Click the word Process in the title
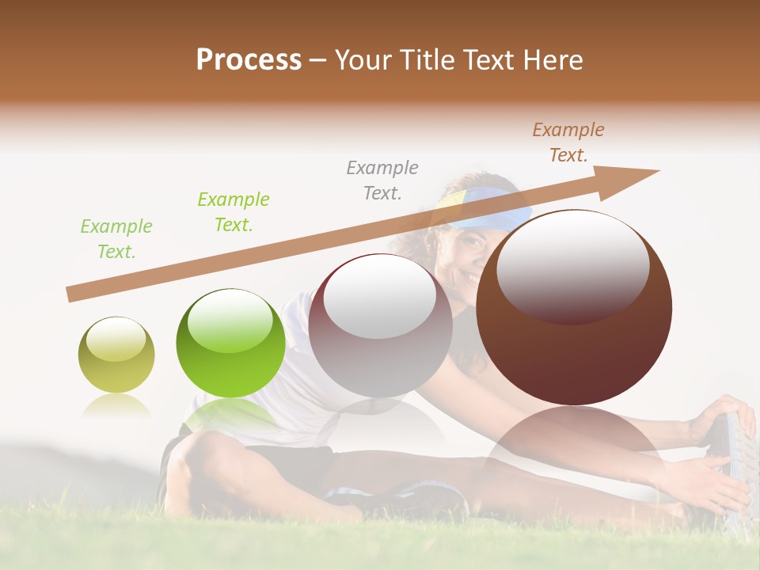click(249, 59)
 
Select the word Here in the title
click(551, 60)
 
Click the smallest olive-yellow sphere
click(116, 355)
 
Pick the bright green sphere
click(230, 343)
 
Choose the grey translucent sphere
click(380, 325)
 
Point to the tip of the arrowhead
click(659, 171)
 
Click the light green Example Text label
click(116, 239)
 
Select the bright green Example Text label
click(234, 212)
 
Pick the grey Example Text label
click(382, 180)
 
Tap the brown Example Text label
click(568, 142)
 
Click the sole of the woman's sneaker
click(740, 467)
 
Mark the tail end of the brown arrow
click(71, 294)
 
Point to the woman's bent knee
click(198, 451)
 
